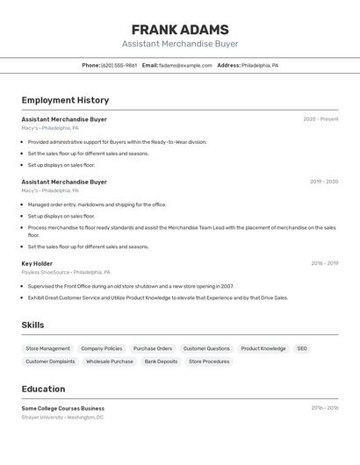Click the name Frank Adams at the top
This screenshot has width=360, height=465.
pyautogui.click(x=180, y=29)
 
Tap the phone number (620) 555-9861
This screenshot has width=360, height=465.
pyautogui.click(x=119, y=66)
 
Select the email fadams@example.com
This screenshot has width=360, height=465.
pyautogui.click(x=186, y=66)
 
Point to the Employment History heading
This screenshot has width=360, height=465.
pyautogui.click(x=65, y=100)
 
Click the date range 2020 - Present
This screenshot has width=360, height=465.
pyautogui.click(x=320, y=119)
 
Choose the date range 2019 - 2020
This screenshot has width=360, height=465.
pyautogui.click(x=324, y=182)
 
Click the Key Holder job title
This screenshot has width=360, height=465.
pyautogui.click(x=37, y=263)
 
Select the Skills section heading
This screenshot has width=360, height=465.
pyautogui.click(x=33, y=325)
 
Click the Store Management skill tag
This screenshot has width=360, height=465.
pyautogui.click(x=47, y=348)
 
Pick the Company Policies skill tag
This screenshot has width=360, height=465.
pyautogui.click(x=102, y=348)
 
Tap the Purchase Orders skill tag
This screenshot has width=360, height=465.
pyautogui.click(x=153, y=348)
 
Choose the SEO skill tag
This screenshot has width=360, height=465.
pyautogui.click(x=302, y=348)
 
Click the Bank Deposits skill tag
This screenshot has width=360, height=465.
pyautogui.click(x=161, y=361)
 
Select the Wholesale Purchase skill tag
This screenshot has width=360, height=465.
pyautogui.click(x=110, y=361)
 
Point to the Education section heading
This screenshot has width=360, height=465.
pyautogui.click(x=43, y=389)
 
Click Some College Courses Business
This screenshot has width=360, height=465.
pyautogui.click(x=63, y=408)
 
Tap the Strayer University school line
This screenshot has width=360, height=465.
pyautogui.click(x=62, y=418)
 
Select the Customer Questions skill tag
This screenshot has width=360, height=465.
pyautogui.click(x=206, y=348)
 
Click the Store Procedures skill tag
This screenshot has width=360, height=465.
pyautogui.click(x=209, y=361)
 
